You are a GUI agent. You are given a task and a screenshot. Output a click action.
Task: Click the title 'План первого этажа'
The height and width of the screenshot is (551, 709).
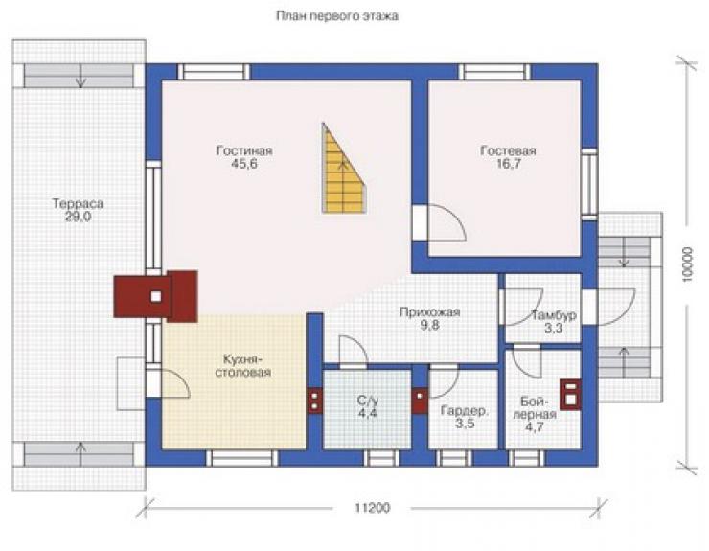coord(337,16)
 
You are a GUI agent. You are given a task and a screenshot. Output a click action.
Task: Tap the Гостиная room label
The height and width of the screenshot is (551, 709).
coord(244,150)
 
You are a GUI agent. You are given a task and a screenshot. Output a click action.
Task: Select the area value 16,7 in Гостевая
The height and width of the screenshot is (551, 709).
coord(508,164)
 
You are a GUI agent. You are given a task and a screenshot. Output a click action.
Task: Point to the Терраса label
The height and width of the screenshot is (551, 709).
coord(78,203)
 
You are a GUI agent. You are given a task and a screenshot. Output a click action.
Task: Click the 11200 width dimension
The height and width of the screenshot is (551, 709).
coord(372,508)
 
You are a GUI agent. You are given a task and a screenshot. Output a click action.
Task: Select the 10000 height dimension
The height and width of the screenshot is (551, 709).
coord(687,264)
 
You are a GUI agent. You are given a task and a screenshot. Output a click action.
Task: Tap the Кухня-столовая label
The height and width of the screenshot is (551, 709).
coord(242,365)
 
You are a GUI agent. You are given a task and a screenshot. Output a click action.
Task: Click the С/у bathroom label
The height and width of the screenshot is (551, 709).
coord(367,401)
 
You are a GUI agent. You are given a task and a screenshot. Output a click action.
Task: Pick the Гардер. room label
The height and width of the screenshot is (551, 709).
coord(465,411)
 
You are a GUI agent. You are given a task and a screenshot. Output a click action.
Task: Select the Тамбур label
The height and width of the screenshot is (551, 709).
coord(554,315)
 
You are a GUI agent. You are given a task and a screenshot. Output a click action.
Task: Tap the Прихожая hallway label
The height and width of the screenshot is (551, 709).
coord(429,312)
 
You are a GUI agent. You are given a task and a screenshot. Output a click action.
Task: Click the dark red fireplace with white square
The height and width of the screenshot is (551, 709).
coord(155,296)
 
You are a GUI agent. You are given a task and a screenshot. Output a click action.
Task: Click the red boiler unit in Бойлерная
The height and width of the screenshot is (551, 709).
coord(570,394)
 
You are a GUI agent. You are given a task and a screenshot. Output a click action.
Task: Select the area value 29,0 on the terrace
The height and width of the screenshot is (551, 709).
coord(78,217)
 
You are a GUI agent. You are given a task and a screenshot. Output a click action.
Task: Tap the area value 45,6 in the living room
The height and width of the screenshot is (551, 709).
coord(244,163)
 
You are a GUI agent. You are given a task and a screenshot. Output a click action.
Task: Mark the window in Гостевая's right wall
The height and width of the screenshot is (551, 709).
coord(589,184)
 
